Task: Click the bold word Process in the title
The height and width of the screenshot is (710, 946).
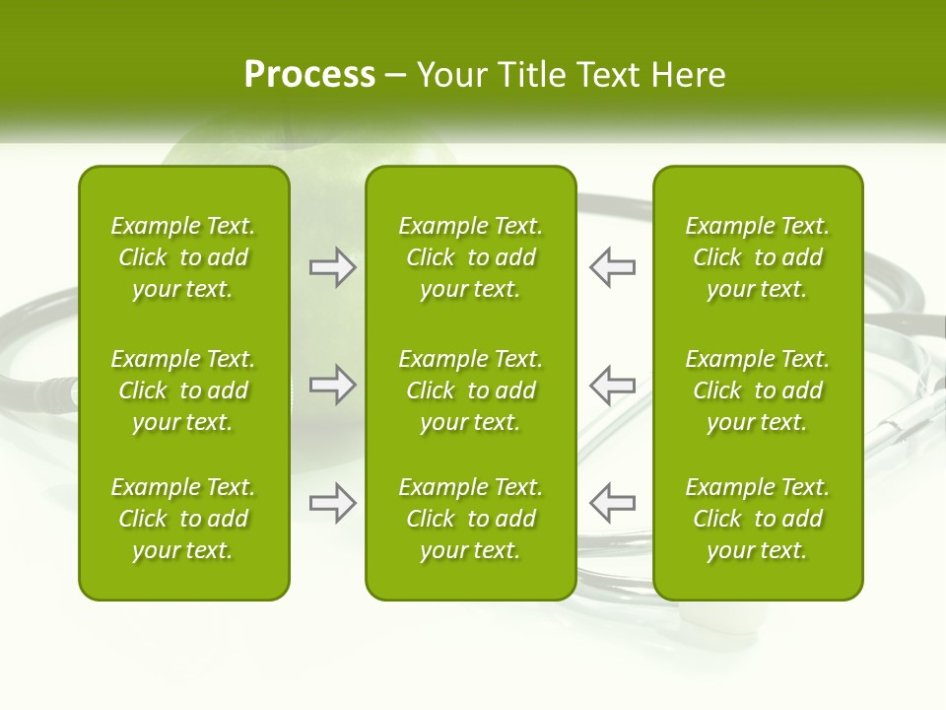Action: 309,75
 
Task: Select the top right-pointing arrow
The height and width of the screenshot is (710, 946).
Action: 333,267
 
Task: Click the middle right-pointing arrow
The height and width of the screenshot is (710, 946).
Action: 333,385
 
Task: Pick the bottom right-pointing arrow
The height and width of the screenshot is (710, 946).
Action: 333,503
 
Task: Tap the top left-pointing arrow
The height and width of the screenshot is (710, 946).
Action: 612,267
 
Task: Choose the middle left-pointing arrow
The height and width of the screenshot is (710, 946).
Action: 612,385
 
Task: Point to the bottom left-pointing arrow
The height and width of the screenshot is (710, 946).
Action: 612,503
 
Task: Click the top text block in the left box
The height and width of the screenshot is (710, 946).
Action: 183,257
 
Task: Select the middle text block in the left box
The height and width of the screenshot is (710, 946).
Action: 183,390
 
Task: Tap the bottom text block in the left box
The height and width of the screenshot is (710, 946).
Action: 183,519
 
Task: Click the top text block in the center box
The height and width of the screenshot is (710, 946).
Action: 470,257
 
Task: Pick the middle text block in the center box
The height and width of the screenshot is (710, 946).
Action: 470,390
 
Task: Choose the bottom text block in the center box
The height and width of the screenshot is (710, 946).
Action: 470,519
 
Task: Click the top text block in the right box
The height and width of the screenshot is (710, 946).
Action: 758,257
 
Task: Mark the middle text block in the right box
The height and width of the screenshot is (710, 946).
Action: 758,390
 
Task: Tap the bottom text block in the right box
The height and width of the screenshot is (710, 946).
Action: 758,519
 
